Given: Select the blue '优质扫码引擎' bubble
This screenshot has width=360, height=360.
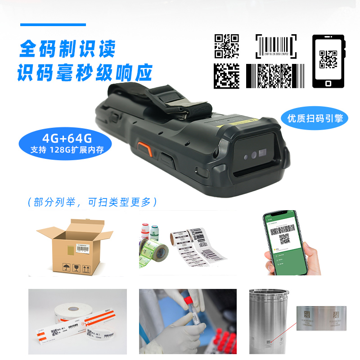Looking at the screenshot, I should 315,118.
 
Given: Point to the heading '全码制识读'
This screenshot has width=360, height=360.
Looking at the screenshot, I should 67,49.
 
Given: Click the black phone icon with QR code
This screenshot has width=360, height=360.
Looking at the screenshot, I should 328,62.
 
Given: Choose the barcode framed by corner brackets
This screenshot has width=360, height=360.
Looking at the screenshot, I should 276,46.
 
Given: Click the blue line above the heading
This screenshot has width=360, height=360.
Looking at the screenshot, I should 53,25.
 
